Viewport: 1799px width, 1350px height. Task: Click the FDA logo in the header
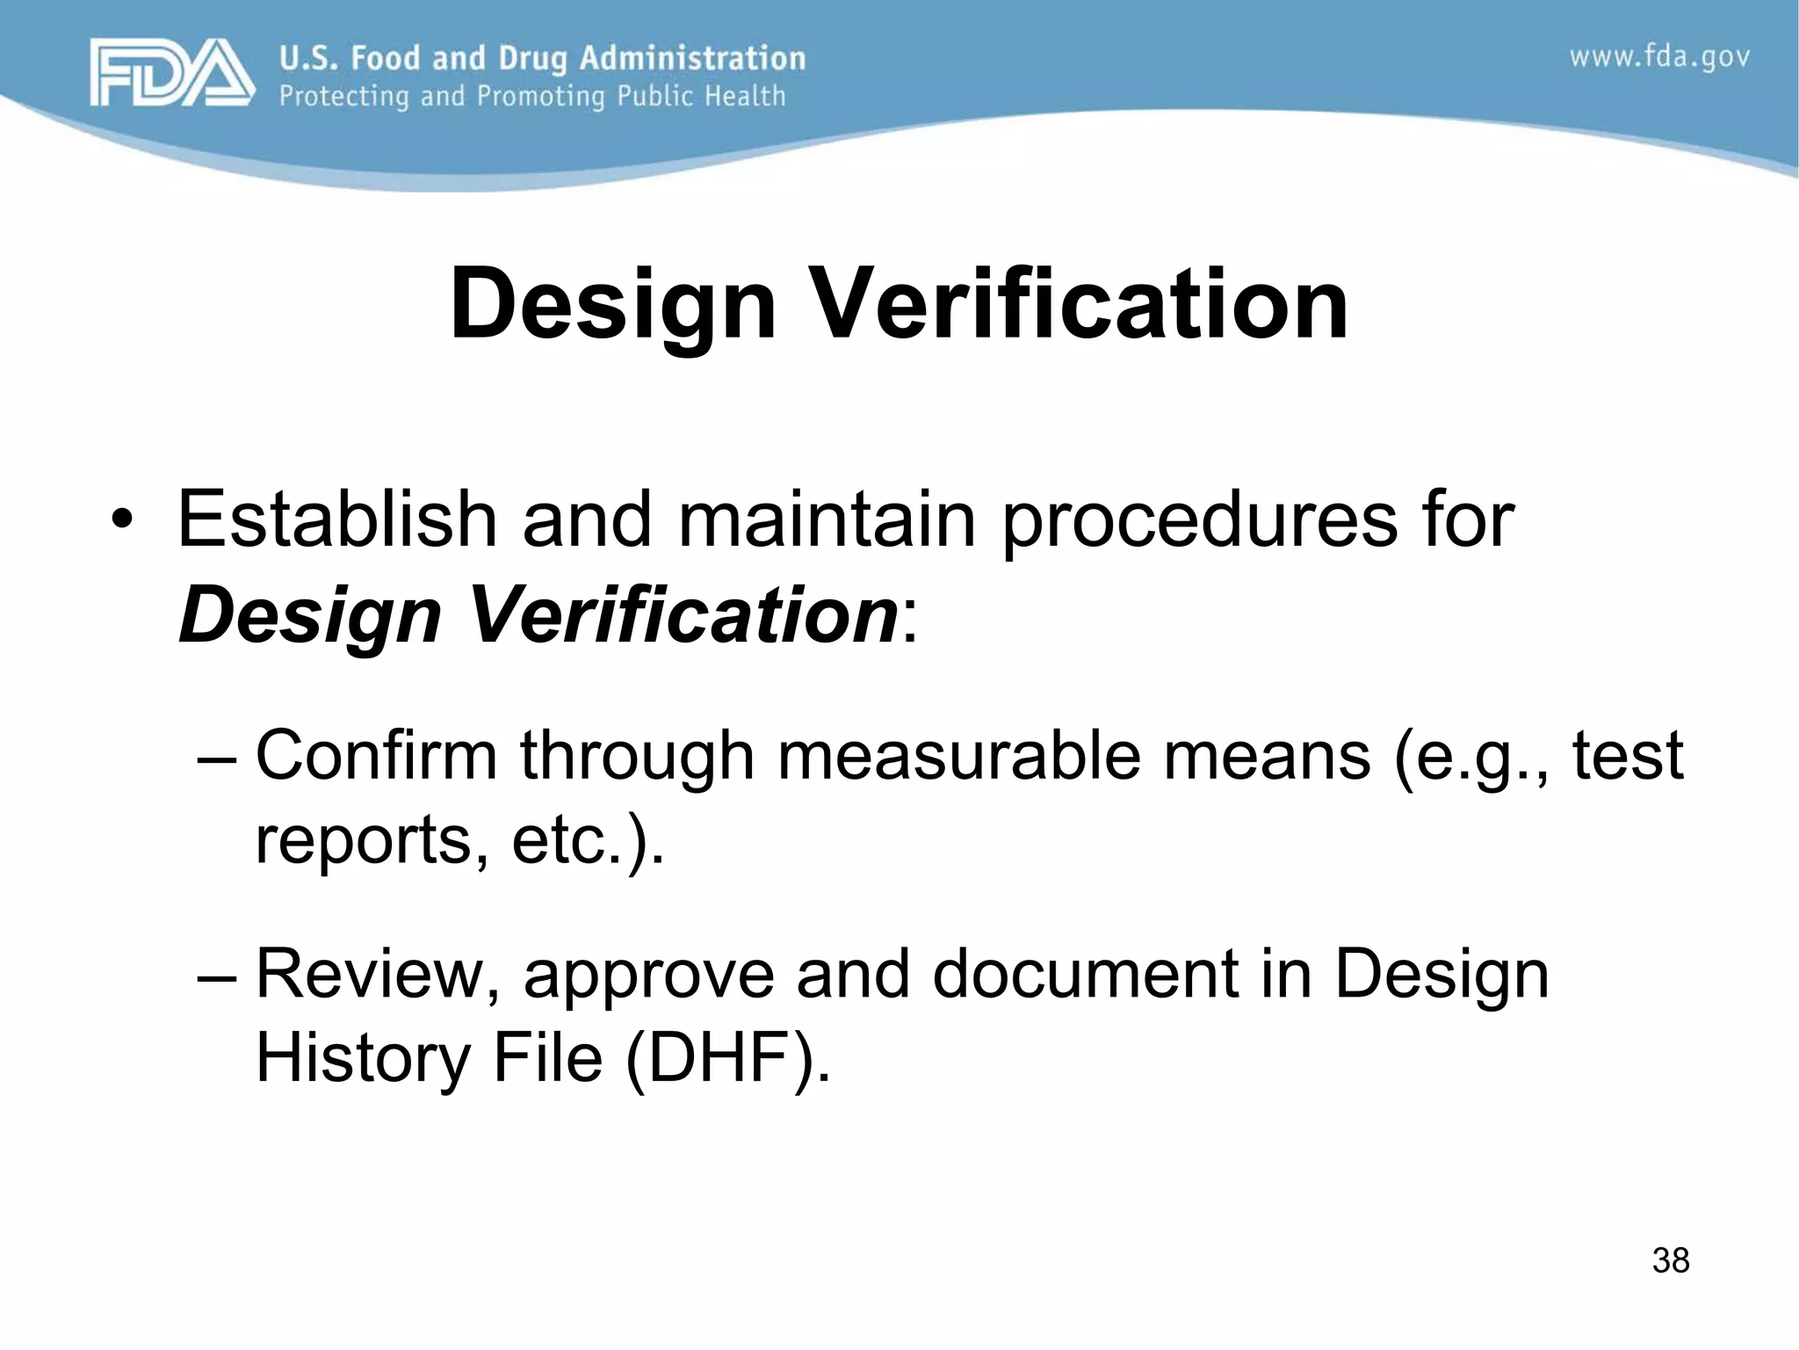click(x=172, y=73)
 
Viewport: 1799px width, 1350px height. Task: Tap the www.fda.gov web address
click(x=1659, y=58)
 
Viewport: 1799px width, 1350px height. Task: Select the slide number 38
click(x=1670, y=1260)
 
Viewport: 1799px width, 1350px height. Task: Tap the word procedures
click(x=1199, y=520)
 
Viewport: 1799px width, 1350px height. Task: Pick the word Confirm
click(x=376, y=755)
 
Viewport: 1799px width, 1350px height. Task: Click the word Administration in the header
click(x=692, y=58)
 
